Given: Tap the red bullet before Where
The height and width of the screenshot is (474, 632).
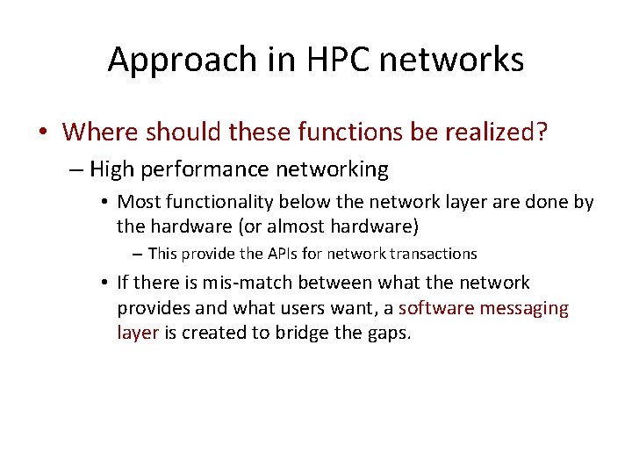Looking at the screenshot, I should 43,133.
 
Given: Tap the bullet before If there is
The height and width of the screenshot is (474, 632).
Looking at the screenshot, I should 104,283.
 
